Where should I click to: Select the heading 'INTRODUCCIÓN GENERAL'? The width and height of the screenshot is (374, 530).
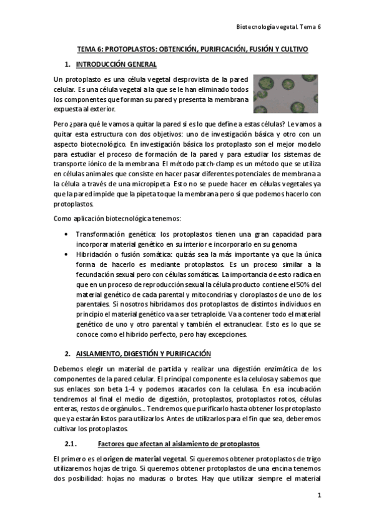pyautogui.click(x=116, y=64)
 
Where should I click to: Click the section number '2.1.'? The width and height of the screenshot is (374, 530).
pyautogui.click(x=71, y=444)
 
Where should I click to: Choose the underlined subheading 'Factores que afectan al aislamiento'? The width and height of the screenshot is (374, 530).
pyautogui.click(x=179, y=444)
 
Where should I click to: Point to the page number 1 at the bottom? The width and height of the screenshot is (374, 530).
pyautogui.click(x=318, y=495)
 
